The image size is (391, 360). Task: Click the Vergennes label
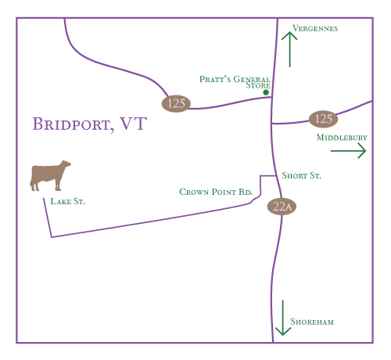pyautogui.click(x=315, y=28)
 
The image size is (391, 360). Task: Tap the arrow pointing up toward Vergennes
pyautogui.click(x=289, y=49)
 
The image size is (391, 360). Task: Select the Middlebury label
pyautogui.click(x=342, y=138)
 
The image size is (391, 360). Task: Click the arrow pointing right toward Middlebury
pyautogui.click(x=348, y=150)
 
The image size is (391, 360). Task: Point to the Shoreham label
pyautogui.click(x=312, y=322)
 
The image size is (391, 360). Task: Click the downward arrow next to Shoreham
pyautogui.click(x=283, y=318)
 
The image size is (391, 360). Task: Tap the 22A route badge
pyautogui.click(x=282, y=207)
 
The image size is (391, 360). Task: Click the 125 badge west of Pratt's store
pyautogui.click(x=176, y=103)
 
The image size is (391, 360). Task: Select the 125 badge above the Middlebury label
pyautogui.click(x=323, y=119)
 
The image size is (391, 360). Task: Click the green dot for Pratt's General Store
pyautogui.click(x=266, y=92)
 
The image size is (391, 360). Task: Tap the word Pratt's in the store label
pyautogui.click(x=215, y=79)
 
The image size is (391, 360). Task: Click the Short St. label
pyautogui.click(x=301, y=175)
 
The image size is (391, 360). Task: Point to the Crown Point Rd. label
pyautogui.click(x=216, y=192)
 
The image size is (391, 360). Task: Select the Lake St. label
pyautogui.click(x=67, y=201)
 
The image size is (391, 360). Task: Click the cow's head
pyautogui.click(x=65, y=165)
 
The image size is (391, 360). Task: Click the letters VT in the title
pyautogui.click(x=134, y=124)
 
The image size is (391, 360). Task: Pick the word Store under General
pyautogui.click(x=258, y=85)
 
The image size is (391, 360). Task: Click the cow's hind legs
pyautogui.click(x=34, y=185)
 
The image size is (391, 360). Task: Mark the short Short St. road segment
pyautogui.click(x=268, y=176)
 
